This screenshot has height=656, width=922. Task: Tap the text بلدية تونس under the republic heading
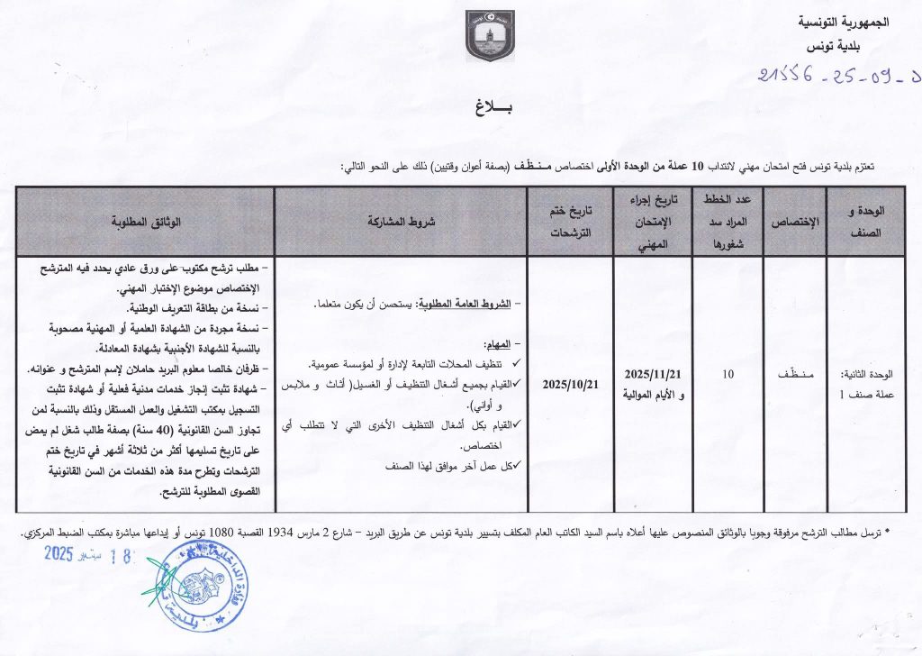tap(854, 46)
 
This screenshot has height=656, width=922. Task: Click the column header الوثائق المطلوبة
tap(148, 222)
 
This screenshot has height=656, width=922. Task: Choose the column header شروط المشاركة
tap(401, 222)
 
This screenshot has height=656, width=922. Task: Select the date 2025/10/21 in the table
tap(571, 384)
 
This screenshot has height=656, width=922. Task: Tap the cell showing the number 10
tap(728, 373)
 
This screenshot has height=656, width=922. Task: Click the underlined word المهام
tap(498, 345)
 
